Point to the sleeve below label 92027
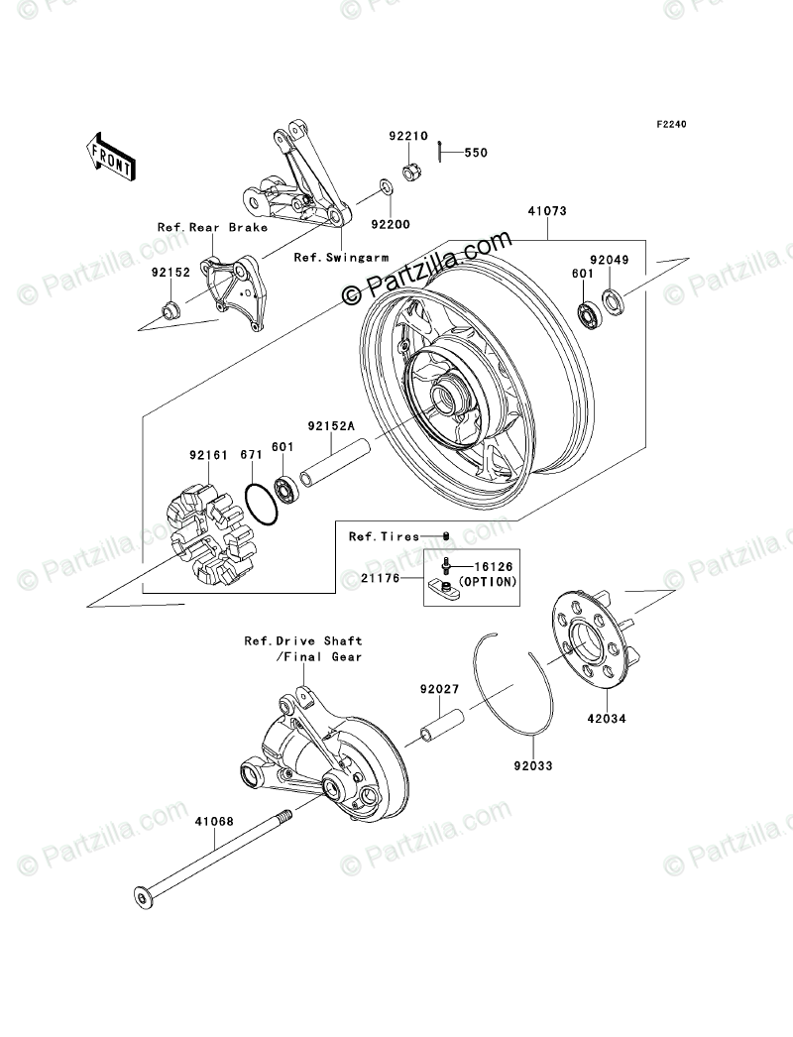tap(440, 729)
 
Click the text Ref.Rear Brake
tap(212, 227)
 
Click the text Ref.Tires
tap(384, 536)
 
